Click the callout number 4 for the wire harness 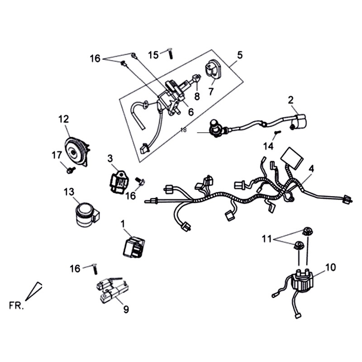click(x=311, y=168)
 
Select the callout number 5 click(x=239, y=55)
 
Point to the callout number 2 click(x=291, y=100)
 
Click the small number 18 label click(x=183, y=130)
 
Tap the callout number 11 click(x=267, y=238)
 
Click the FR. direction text click(x=16, y=305)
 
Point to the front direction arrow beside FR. click(x=34, y=291)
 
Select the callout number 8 click(x=197, y=96)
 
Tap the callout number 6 click(x=191, y=112)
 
